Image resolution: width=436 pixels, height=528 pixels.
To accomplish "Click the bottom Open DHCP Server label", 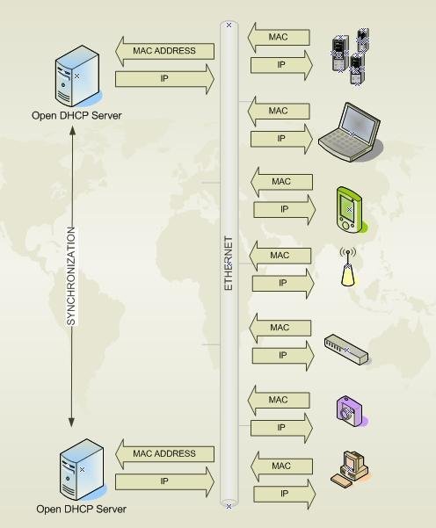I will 81,509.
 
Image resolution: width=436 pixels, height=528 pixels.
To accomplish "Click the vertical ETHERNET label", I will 229,263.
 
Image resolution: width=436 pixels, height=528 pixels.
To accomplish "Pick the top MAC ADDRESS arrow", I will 165,51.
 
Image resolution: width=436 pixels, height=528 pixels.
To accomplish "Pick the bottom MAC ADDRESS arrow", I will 165,453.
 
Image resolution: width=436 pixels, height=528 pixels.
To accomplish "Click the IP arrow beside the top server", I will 165,79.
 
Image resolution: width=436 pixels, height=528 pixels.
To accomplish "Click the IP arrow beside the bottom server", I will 165,481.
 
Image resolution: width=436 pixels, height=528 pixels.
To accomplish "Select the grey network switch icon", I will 347,348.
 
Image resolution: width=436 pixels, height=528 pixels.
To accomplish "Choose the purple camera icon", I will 346,409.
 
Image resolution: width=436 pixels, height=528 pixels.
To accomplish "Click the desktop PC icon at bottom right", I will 351,467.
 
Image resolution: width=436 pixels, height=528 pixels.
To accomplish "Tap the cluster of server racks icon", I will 349,58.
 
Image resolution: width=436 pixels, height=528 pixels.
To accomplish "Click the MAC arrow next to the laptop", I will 279,112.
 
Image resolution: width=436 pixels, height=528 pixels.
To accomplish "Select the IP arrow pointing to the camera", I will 281,428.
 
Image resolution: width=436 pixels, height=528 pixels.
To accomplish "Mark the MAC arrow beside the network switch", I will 280,328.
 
